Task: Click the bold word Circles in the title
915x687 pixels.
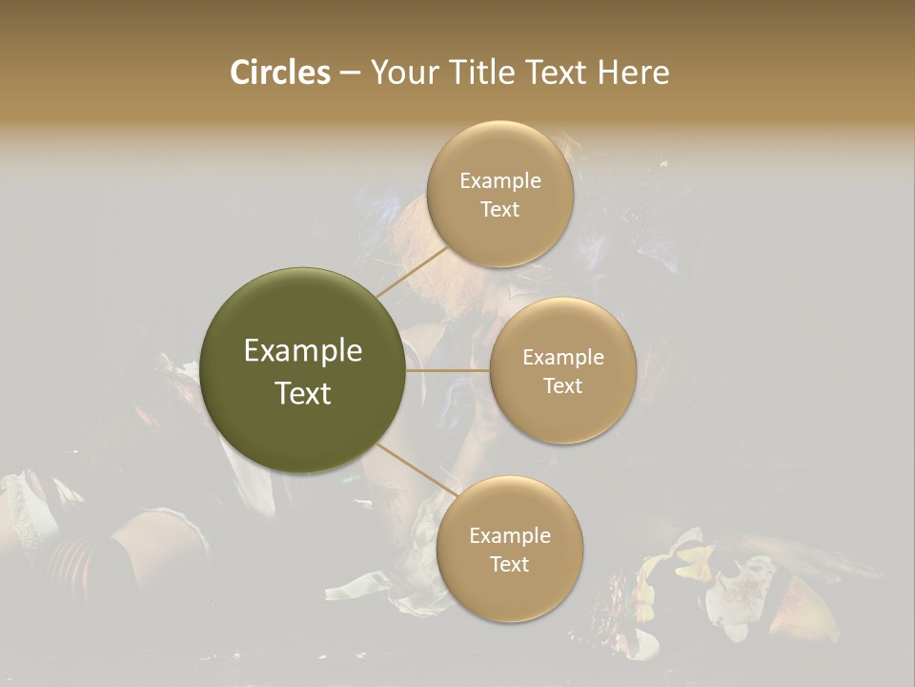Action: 280,73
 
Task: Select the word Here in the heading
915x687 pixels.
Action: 634,73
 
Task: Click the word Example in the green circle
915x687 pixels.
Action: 303,351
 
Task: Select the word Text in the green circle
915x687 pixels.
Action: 303,393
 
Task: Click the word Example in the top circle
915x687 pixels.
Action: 499,180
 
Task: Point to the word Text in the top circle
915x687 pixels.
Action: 499,209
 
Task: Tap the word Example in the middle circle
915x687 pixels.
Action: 562,357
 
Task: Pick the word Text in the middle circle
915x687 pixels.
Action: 562,385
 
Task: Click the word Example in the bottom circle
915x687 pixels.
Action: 509,535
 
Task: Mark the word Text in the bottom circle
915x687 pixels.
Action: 509,564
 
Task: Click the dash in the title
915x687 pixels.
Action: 350,73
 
